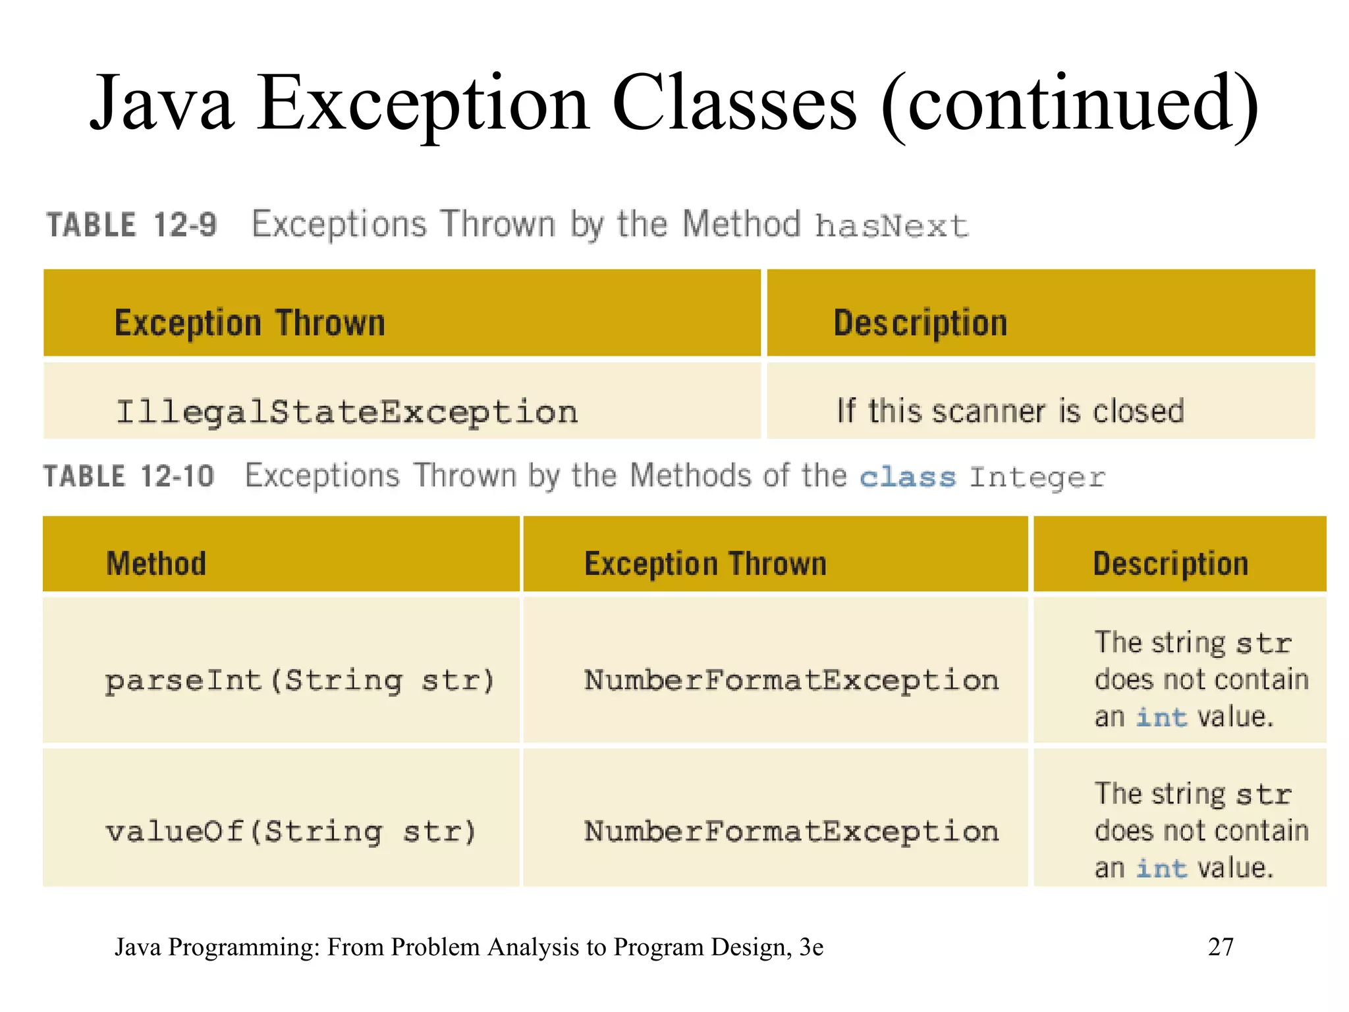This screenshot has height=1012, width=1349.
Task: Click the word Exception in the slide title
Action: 423,104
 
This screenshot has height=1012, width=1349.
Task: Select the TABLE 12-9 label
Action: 131,225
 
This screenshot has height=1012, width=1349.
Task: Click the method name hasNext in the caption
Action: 891,227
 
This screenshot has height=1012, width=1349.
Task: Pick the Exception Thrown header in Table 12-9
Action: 250,323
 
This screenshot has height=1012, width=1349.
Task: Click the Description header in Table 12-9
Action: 920,323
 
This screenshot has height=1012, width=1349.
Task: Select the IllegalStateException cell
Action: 347,412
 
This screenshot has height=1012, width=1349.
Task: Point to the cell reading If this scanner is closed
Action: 1010,411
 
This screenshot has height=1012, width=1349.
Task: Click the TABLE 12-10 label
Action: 129,476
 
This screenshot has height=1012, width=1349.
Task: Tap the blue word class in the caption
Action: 908,477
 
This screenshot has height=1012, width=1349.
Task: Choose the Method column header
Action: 156,564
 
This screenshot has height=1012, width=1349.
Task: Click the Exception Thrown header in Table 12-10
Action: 705,564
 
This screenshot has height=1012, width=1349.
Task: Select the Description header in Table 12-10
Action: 1170,564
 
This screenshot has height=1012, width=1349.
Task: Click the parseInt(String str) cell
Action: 300,681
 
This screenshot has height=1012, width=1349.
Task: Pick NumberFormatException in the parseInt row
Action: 791,681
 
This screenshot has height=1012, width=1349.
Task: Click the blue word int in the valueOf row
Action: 1162,868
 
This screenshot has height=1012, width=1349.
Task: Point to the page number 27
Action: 1221,947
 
